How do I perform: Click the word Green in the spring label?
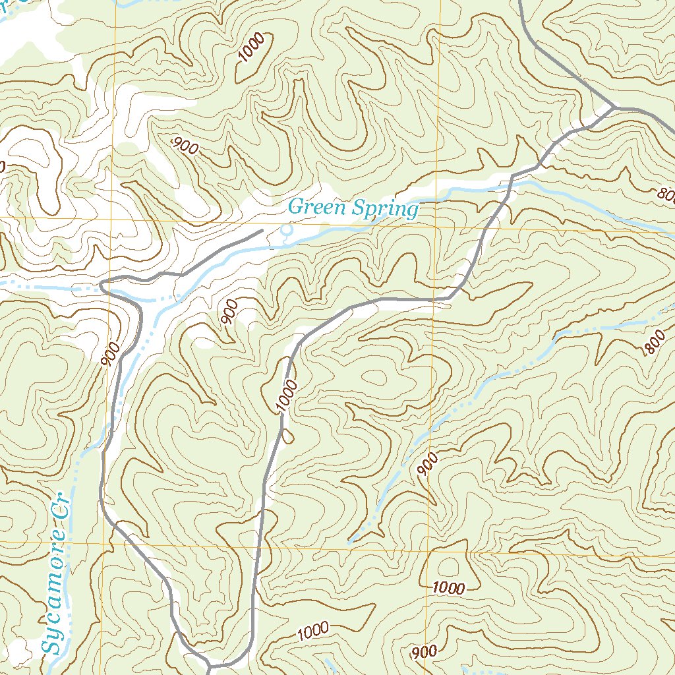tap(317, 208)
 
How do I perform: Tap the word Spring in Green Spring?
tap(385, 210)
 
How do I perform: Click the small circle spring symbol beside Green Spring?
tap(286, 230)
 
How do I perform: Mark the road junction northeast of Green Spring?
tap(614, 107)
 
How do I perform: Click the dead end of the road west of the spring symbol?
tap(262, 231)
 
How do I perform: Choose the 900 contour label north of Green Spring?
tap(185, 146)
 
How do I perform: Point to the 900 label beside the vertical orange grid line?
tap(428, 465)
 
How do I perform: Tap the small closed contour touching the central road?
tap(287, 435)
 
